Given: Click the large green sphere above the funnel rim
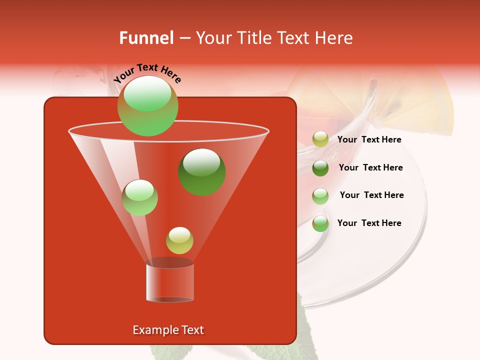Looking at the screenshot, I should pyautogui.click(x=147, y=105).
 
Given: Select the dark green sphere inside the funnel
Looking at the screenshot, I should pyautogui.click(x=202, y=171).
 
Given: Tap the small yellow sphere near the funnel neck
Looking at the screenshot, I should pyautogui.click(x=179, y=240).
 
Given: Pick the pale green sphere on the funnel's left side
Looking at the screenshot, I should pyautogui.click(x=139, y=197).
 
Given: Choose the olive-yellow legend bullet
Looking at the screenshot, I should pyautogui.click(x=320, y=139).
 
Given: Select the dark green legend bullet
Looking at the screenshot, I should pyautogui.click(x=320, y=167).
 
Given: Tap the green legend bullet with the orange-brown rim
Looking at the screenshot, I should pyautogui.click(x=320, y=223).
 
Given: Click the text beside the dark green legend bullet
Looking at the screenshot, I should pyautogui.click(x=370, y=167).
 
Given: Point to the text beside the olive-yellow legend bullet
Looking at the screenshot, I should pyautogui.click(x=369, y=139).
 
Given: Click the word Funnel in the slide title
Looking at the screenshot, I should pyautogui.click(x=146, y=38).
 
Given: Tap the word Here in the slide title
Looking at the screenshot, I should pyautogui.click(x=334, y=38).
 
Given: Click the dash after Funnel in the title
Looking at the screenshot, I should pyautogui.click(x=184, y=38).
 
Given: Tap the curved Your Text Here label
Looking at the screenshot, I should pyautogui.click(x=147, y=72).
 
